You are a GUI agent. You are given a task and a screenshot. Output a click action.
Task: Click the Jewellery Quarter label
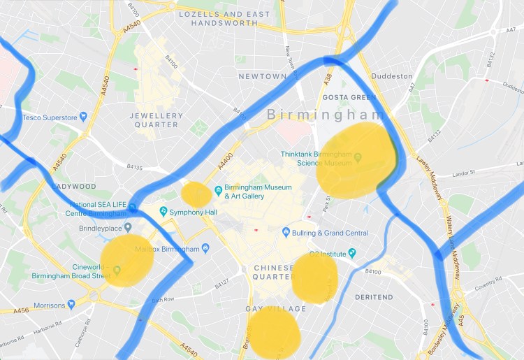[157, 120]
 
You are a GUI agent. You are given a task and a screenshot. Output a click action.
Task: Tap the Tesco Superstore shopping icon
[84, 117]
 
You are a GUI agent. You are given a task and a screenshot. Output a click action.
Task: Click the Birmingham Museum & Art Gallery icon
[219, 189]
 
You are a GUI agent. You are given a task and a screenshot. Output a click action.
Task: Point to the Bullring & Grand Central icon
[286, 231]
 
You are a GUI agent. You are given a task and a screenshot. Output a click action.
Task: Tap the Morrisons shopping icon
[71, 305]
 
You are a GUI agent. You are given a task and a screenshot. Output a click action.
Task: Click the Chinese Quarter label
[273, 273]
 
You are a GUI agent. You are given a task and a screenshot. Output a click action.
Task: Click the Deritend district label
[375, 297]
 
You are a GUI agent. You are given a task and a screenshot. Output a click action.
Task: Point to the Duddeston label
[392, 76]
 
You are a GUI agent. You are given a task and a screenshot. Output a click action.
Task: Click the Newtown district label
[263, 75]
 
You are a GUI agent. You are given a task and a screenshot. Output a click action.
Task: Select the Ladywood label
[73, 187]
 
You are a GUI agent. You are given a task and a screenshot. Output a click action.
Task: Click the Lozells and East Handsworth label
[224, 18]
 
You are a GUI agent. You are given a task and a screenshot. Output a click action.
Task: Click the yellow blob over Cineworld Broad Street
[126, 261]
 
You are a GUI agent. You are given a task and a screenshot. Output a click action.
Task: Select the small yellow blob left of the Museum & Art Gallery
[196, 194]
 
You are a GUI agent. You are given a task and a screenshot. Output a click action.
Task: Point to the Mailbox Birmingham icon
[205, 249]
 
